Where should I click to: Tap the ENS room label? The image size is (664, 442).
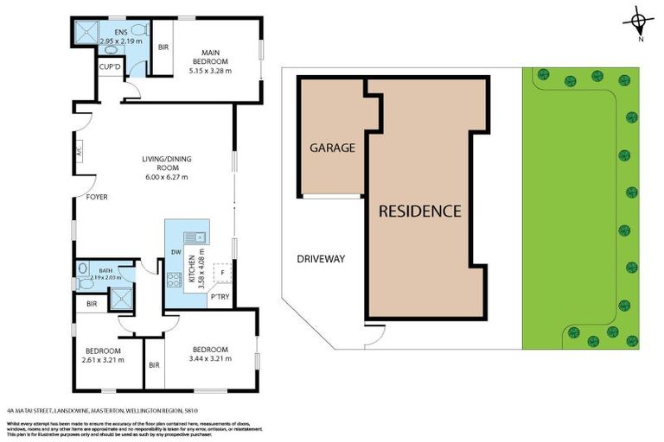pos(107,33)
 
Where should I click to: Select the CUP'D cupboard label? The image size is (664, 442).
pos(110,66)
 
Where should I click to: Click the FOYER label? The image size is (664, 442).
pos(97,196)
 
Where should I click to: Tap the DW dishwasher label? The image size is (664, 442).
pos(175,252)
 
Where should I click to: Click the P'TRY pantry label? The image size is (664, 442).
pos(220,298)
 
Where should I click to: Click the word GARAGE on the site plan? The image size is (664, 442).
pos(332,148)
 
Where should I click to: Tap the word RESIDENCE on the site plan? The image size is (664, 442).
pos(419,211)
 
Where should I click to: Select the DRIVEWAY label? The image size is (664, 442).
pos(321,258)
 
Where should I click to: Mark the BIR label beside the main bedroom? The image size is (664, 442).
pos(163,47)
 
